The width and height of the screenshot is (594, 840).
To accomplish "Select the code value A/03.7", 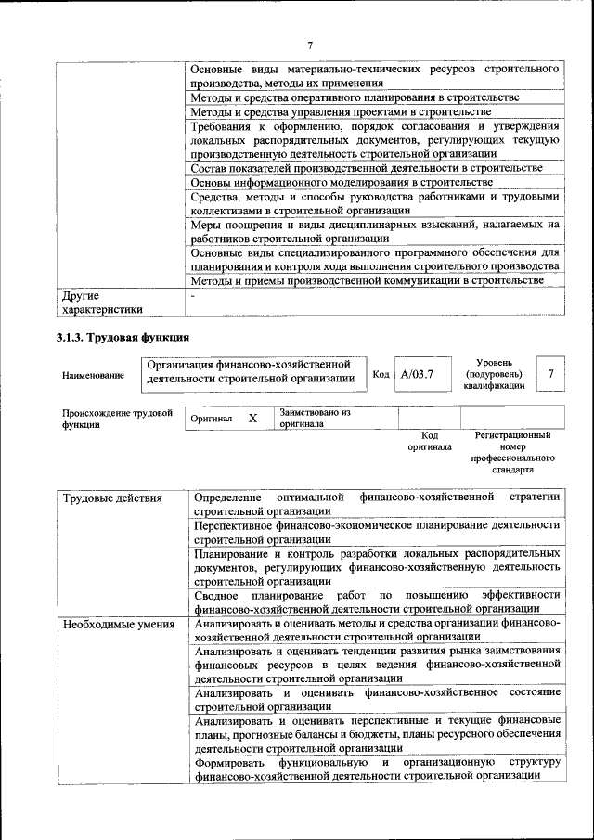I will [417, 374].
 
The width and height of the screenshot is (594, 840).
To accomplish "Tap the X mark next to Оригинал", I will [252, 419].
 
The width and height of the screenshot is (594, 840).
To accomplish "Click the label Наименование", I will [93, 375].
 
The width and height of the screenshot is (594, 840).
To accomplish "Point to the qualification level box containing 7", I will [552, 373].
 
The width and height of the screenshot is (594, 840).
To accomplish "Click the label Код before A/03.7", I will [381, 374].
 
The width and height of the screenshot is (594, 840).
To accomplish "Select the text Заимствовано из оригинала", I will [315, 418].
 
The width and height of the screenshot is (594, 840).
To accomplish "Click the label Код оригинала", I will [430, 440].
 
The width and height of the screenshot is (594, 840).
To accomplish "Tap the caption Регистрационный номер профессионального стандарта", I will [512, 452].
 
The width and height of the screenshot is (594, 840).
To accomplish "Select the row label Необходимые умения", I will [118, 624].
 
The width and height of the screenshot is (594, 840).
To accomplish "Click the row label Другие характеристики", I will [102, 303].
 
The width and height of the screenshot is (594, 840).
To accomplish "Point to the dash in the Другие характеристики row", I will [192, 296].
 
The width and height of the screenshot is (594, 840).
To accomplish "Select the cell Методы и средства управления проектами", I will [341, 111].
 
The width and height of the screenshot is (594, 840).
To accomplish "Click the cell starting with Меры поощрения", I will [374, 231].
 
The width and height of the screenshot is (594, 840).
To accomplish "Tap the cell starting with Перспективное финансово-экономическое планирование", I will [377, 531].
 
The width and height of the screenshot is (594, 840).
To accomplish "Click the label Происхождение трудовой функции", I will [117, 419].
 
